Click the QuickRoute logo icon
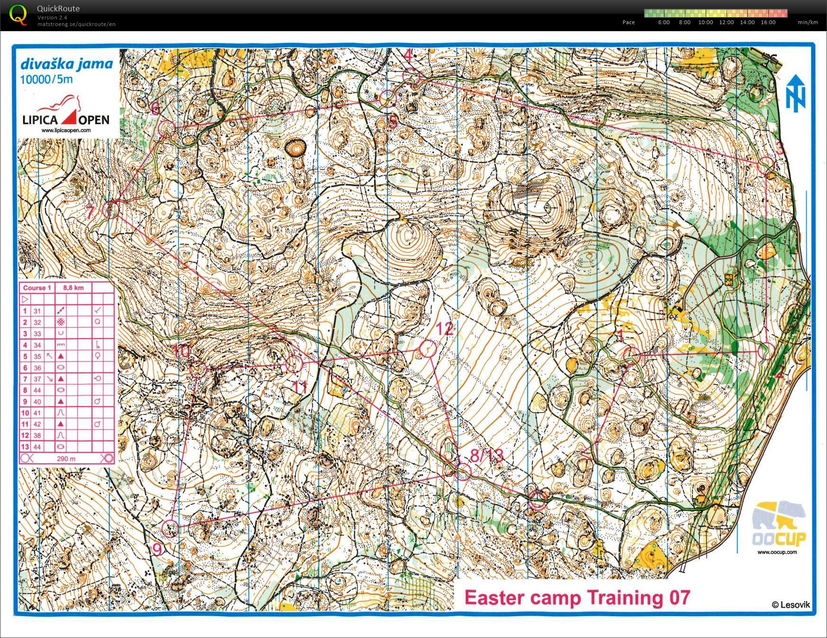(18, 14)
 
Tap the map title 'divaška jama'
(67, 64)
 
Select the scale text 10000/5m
(46, 79)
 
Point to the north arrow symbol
(796, 93)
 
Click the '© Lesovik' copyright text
(790, 604)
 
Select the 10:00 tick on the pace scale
(705, 22)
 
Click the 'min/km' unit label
(808, 22)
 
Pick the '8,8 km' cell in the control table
(73, 288)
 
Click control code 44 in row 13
(37, 447)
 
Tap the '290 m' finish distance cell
(66, 458)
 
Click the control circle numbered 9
(170, 529)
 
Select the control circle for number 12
(428, 349)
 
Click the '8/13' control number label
(486, 456)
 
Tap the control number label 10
(181, 351)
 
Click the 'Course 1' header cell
(37, 288)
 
